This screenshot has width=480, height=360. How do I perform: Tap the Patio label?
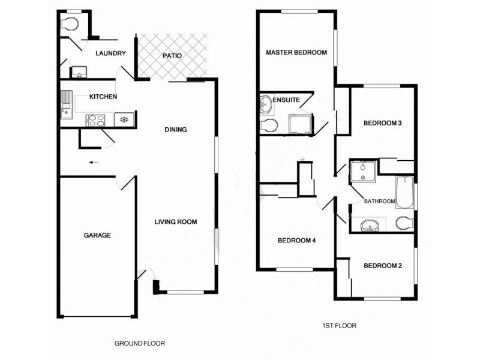[x=172, y=56]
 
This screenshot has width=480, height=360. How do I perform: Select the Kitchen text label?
[x=103, y=97]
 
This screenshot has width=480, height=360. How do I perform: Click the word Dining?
[x=176, y=130]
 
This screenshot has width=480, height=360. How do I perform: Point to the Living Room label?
[x=176, y=222]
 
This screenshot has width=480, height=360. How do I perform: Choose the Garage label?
[x=97, y=236]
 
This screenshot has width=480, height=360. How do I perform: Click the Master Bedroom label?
[x=296, y=53]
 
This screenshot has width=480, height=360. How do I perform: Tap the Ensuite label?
[x=286, y=100]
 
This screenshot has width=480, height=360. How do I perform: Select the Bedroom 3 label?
[x=382, y=124]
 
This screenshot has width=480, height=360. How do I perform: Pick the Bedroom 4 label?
[x=296, y=241]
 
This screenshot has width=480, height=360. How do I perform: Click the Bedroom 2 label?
[x=382, y=266]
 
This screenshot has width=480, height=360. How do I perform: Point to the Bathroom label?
[x=379, y=202]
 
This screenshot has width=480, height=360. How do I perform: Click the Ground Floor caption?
[x=139, y=344]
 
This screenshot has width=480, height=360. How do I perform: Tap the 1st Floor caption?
[x=339, y=326]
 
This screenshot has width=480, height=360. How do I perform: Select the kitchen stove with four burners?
[x=96, y=119]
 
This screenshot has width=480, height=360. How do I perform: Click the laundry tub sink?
[x=78, y=73]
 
